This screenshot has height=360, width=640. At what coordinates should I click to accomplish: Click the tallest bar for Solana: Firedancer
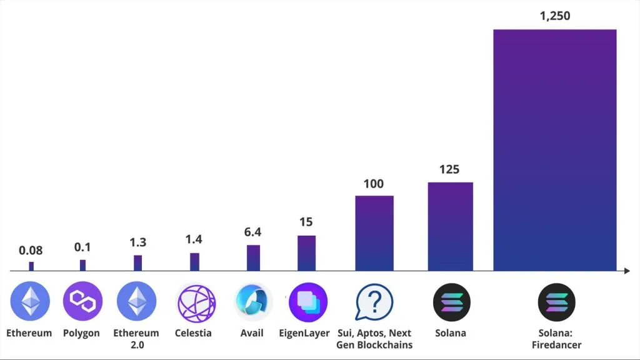pos(554,150)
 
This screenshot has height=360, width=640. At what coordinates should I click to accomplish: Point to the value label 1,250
pos(554,16)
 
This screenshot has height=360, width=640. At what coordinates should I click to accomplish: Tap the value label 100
pos(374,184)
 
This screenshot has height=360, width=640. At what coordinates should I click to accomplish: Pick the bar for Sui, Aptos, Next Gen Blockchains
pos(374,233)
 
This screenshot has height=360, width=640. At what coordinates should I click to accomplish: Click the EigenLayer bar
pos(306,253)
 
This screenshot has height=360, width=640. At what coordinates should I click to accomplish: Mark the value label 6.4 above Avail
pos(253,232)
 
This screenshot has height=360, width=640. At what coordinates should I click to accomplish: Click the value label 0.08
pos(31,251)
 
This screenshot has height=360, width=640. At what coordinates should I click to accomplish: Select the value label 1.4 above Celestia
pos(194,239)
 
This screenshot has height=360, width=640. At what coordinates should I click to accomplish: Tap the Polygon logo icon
pos(82,302)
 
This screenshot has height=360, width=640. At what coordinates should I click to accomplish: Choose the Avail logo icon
pos(252,302)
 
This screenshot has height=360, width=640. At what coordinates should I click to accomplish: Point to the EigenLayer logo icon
pos(307,302)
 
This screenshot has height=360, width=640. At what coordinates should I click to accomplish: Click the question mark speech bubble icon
pos(374,302)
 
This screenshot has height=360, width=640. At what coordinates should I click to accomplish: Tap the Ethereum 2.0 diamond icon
pos(136,302)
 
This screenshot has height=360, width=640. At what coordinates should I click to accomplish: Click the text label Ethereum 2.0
pos(136,339)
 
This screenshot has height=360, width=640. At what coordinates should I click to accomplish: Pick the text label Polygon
pos(81,333)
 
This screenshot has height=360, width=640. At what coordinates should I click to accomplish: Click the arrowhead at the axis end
pos(626,271)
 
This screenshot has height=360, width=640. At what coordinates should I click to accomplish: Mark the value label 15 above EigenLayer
pos(306,222)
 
